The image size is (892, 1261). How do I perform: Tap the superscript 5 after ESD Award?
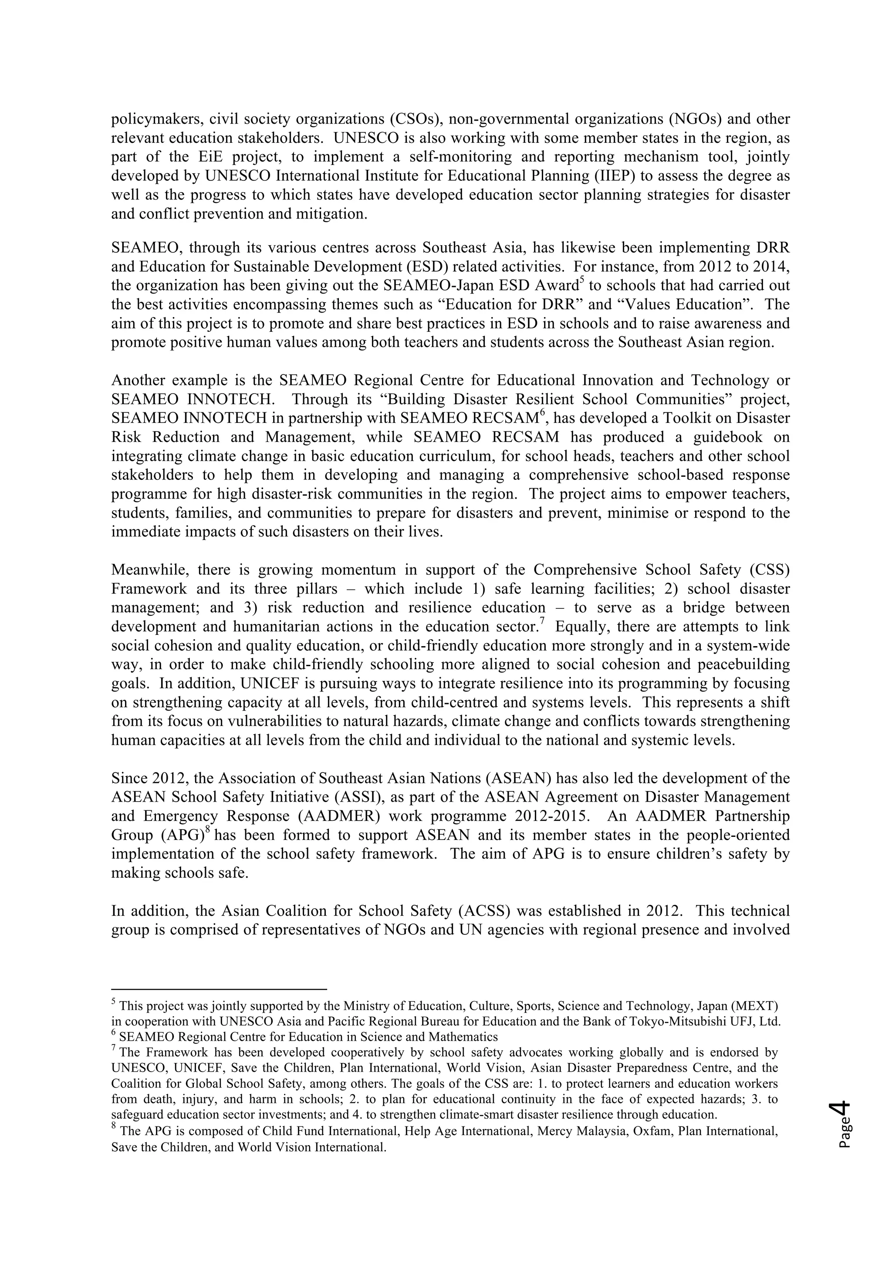(x=581, y=281)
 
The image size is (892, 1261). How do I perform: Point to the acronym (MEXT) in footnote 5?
(x=755, y=1006)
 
